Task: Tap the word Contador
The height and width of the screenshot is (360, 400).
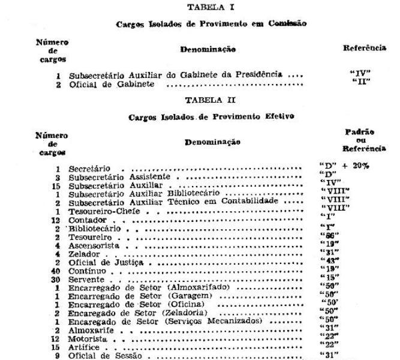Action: [x=85, y=220]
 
